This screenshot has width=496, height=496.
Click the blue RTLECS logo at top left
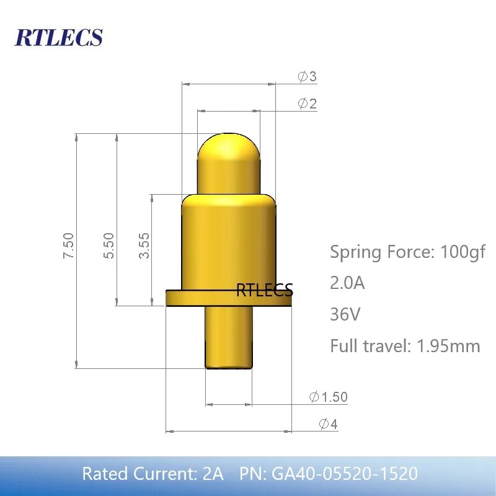point(58,37)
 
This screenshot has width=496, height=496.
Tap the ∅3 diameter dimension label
point(307,77)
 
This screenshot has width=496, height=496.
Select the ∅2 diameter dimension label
point(307,104)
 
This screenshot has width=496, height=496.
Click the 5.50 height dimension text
point(108,246)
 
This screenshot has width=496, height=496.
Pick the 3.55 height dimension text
point(144,246)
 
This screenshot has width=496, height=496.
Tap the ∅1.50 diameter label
point(328,397)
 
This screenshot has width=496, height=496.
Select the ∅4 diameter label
point(328,424)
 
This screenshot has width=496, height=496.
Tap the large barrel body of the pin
point(228,242)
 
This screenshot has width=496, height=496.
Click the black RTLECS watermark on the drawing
point(264,290)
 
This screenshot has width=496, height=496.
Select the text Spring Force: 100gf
point(407,252)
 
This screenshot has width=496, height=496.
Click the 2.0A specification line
point(347,283)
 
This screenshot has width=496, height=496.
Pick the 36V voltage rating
point(345,314)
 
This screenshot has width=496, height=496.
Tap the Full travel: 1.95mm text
point(405,345)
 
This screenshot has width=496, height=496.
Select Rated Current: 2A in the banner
point(153,474)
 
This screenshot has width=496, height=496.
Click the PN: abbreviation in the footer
point(253,474)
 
